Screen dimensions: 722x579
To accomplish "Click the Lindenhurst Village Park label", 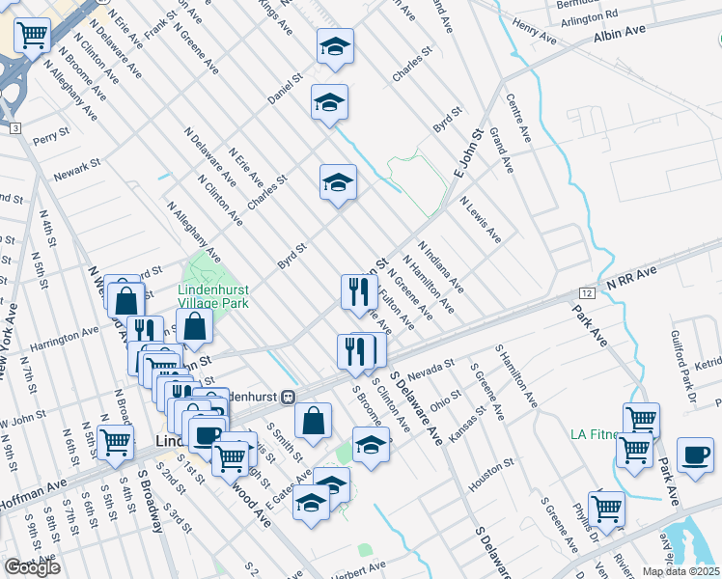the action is [213, 295].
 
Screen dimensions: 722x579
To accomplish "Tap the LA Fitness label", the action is [595, 433].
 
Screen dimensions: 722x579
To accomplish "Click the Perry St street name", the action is [52, 138].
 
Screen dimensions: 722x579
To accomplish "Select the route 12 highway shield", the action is [586, 291].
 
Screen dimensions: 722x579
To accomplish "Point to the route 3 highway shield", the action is [14, 128].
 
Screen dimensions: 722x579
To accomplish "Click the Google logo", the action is [33, 567].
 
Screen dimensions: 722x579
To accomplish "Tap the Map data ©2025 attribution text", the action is [680, 571].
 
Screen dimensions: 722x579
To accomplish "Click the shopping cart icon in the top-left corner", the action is [32, 37].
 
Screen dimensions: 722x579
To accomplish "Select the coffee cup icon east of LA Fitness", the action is [695, 455].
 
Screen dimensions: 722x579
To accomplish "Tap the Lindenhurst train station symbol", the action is [288, 397].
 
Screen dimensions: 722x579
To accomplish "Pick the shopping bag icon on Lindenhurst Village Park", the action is [195, 327].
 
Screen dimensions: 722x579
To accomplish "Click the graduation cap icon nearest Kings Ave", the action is [335, 46].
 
